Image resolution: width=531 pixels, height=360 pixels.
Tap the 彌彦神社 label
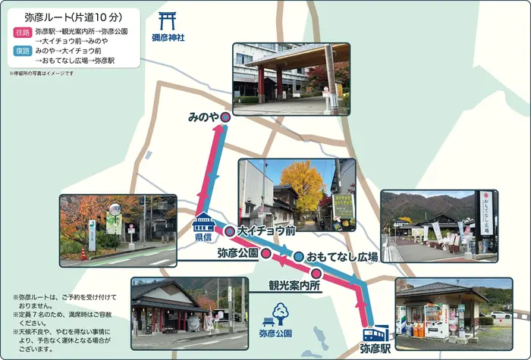coord(167,37)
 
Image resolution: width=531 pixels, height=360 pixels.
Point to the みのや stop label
coord(203,117)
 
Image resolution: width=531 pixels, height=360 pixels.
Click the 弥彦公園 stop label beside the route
coord(237,252)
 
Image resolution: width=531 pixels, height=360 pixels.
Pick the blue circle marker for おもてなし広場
coord(299,256)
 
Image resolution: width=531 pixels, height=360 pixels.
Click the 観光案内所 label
coord(291,286)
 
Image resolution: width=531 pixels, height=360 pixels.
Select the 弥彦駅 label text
coord(375,349)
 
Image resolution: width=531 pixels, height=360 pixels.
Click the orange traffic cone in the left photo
coord(83,254)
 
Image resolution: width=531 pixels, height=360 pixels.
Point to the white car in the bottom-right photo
coord(501,314)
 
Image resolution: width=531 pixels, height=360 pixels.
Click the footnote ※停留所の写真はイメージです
coord(41,73)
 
